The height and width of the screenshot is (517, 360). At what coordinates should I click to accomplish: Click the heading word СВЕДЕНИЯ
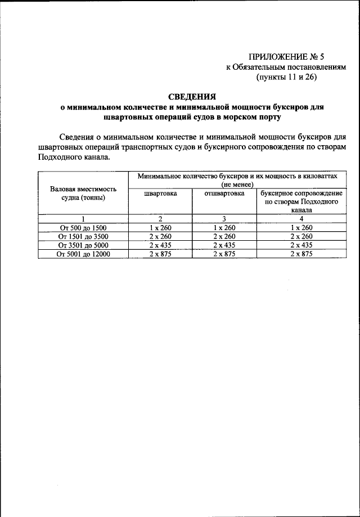(x=192, y=96)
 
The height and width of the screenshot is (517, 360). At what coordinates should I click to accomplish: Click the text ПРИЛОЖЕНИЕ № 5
(x=283, y=56)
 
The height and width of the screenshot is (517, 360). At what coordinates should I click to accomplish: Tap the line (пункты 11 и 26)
(x=287, y=78)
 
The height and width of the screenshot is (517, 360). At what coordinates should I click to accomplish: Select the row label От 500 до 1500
(x=83, y=227)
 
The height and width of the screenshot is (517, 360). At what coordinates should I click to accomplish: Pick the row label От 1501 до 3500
(x=83, y=236)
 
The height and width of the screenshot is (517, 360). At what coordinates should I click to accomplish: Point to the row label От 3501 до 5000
(x=83, y=245)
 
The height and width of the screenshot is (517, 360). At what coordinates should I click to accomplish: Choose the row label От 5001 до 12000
(x=83, y=254)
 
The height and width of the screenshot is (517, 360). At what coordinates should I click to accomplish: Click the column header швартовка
(x=160, y=193)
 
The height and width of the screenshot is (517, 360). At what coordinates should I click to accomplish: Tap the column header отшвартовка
(x=224, y=193)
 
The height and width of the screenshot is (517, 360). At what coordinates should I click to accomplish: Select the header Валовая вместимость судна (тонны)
(x=83, y=193)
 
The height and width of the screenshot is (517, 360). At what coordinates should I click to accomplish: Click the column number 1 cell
(x=83, y=218)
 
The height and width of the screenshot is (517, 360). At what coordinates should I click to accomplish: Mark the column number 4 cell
(x=301, y=218)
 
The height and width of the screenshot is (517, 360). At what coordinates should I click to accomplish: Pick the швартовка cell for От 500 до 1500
(x=160, y=227)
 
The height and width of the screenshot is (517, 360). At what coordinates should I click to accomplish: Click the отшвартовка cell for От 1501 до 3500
(x=224, y=236)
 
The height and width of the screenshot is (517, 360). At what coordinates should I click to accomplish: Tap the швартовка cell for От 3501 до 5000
(x=160, y=245)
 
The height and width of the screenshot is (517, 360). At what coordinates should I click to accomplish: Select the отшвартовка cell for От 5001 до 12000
(x=224, y=254)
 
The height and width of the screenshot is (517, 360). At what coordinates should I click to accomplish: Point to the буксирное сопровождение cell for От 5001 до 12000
(x=301, y=254)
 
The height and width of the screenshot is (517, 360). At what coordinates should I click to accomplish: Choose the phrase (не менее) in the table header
(x=237, y=184)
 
